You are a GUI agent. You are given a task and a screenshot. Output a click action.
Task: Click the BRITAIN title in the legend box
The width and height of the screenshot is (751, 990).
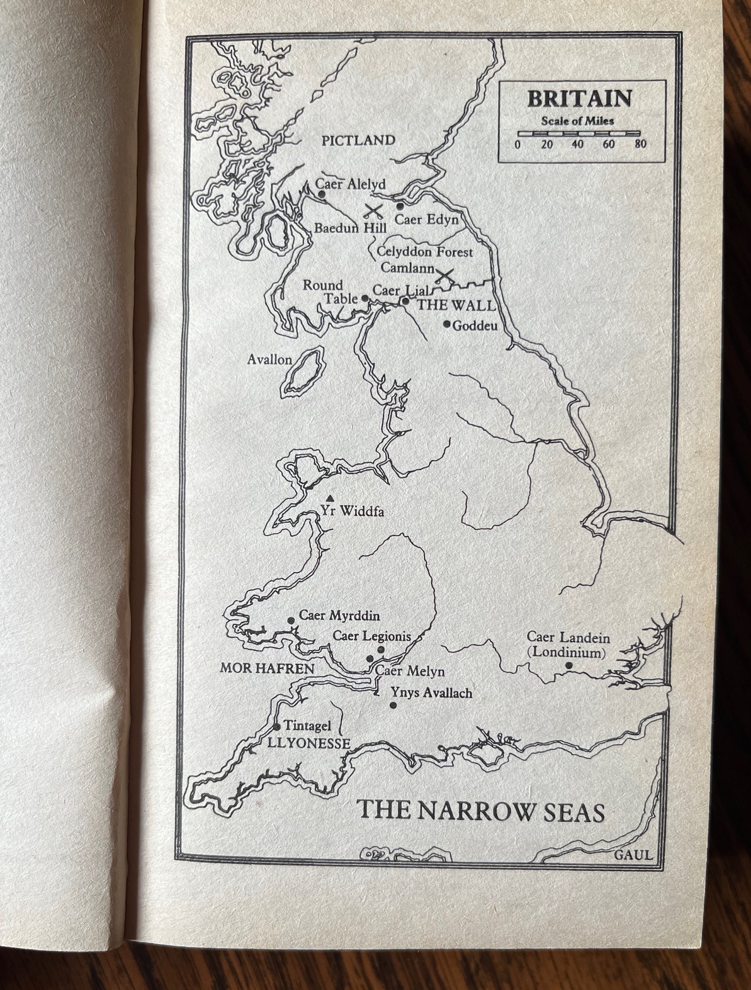(580, 99)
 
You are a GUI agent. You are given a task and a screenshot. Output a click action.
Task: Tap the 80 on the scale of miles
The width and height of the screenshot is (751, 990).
(640, 144)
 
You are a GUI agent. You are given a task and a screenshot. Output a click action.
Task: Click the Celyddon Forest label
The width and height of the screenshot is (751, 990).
(424, 252)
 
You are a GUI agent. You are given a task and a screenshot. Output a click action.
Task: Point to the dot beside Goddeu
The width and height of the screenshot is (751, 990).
(446, 324)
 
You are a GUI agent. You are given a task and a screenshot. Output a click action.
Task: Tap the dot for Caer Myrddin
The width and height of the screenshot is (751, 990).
(291, 620)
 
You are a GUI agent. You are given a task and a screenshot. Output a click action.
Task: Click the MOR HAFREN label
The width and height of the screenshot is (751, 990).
(267, 668)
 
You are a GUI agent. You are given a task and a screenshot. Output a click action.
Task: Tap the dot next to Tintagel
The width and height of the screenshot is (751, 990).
(277, 727)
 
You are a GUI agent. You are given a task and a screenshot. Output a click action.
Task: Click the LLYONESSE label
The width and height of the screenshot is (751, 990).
(309, 744)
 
